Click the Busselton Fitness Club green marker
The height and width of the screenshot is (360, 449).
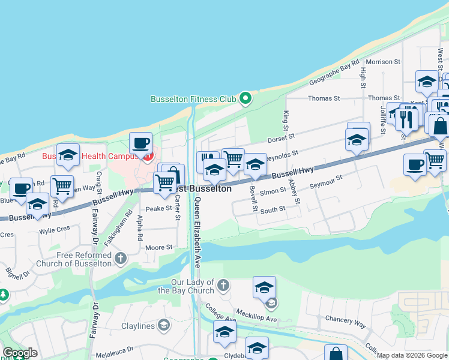pyautogui.click(x=245, y=98)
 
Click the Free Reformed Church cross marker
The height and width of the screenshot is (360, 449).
pyautogui.click(x=121, y=259)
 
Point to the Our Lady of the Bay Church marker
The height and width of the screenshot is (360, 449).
pyautogui.click(x=223, y=284)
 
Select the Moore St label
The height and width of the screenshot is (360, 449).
pyautogui.click(x=159, y=247)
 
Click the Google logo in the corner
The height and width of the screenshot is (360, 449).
pyautogui.click(x=20, y=353)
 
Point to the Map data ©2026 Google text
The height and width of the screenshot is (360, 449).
pyautogui.click(x=411, y=355)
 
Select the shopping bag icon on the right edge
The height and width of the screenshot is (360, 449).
pyautogui.click(x=440, y=127)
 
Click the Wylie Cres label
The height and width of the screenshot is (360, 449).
pyautogui.click(x=55, y=229)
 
